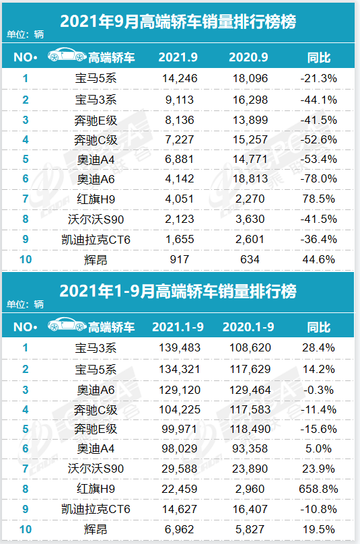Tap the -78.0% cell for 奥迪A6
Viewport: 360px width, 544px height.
click(317, 180)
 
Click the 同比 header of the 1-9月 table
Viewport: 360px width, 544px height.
click(318, 327)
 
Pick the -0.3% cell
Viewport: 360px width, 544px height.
click(317, 389)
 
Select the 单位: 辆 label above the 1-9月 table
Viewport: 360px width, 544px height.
click(25, 304)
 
